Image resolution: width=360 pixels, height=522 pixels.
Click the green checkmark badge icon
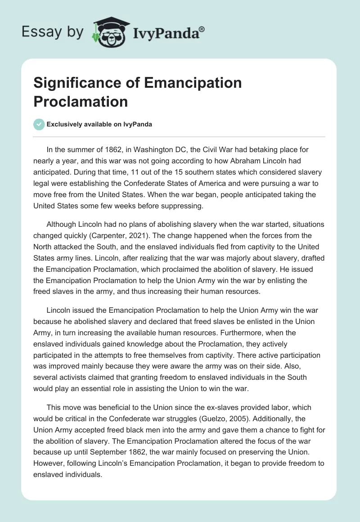39,124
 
